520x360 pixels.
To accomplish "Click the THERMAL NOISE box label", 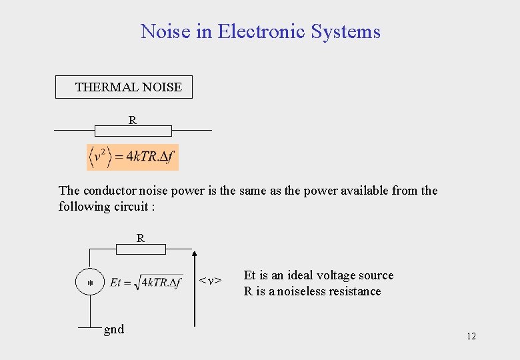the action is tap(128, 87).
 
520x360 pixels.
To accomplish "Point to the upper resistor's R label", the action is tap(133, 120).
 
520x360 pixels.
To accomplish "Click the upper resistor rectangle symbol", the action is tap(133, 131).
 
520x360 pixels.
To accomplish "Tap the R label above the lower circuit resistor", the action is tap(141, 237).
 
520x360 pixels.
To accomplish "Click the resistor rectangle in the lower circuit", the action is tap(141, 249).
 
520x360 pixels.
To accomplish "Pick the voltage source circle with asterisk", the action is tap(90, 284).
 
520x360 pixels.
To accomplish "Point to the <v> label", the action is tap(211, 281).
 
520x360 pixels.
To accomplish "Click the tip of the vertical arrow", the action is tap(195, 253).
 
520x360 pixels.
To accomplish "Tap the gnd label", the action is tap(114, 329).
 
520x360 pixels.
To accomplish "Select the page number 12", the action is tap(471, 336).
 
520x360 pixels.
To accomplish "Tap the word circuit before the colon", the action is tap(131, 207).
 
